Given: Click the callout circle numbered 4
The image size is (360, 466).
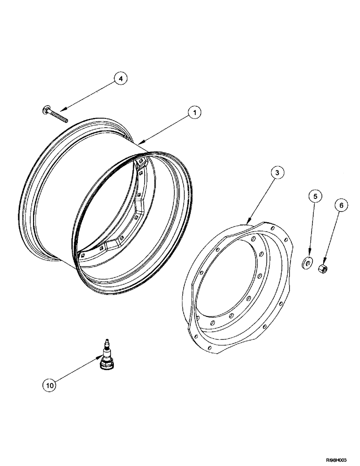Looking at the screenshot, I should [x=120, y=79].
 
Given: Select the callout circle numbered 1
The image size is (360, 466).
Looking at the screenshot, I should [x=194, y=112].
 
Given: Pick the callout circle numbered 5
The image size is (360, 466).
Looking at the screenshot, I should [x=315, y=197].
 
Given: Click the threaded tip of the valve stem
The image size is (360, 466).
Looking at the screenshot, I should [x=107, y=343].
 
